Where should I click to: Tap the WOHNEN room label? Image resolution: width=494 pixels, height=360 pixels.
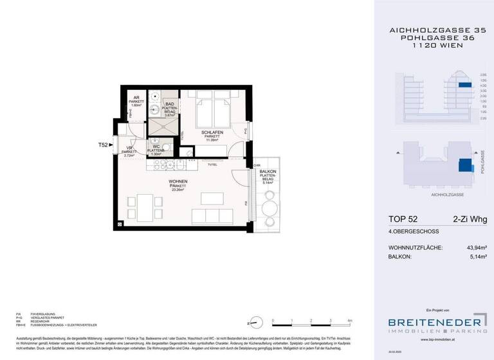pos(178,183)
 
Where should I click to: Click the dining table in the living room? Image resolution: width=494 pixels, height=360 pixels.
pos(144,207)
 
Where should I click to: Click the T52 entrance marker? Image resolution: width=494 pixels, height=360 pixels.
pos(102,145)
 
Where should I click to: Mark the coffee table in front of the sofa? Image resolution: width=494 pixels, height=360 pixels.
pos(211,197)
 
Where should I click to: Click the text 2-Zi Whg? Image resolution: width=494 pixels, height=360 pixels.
pos(469,220)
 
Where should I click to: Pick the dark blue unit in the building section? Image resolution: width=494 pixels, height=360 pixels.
pos(464,84)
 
